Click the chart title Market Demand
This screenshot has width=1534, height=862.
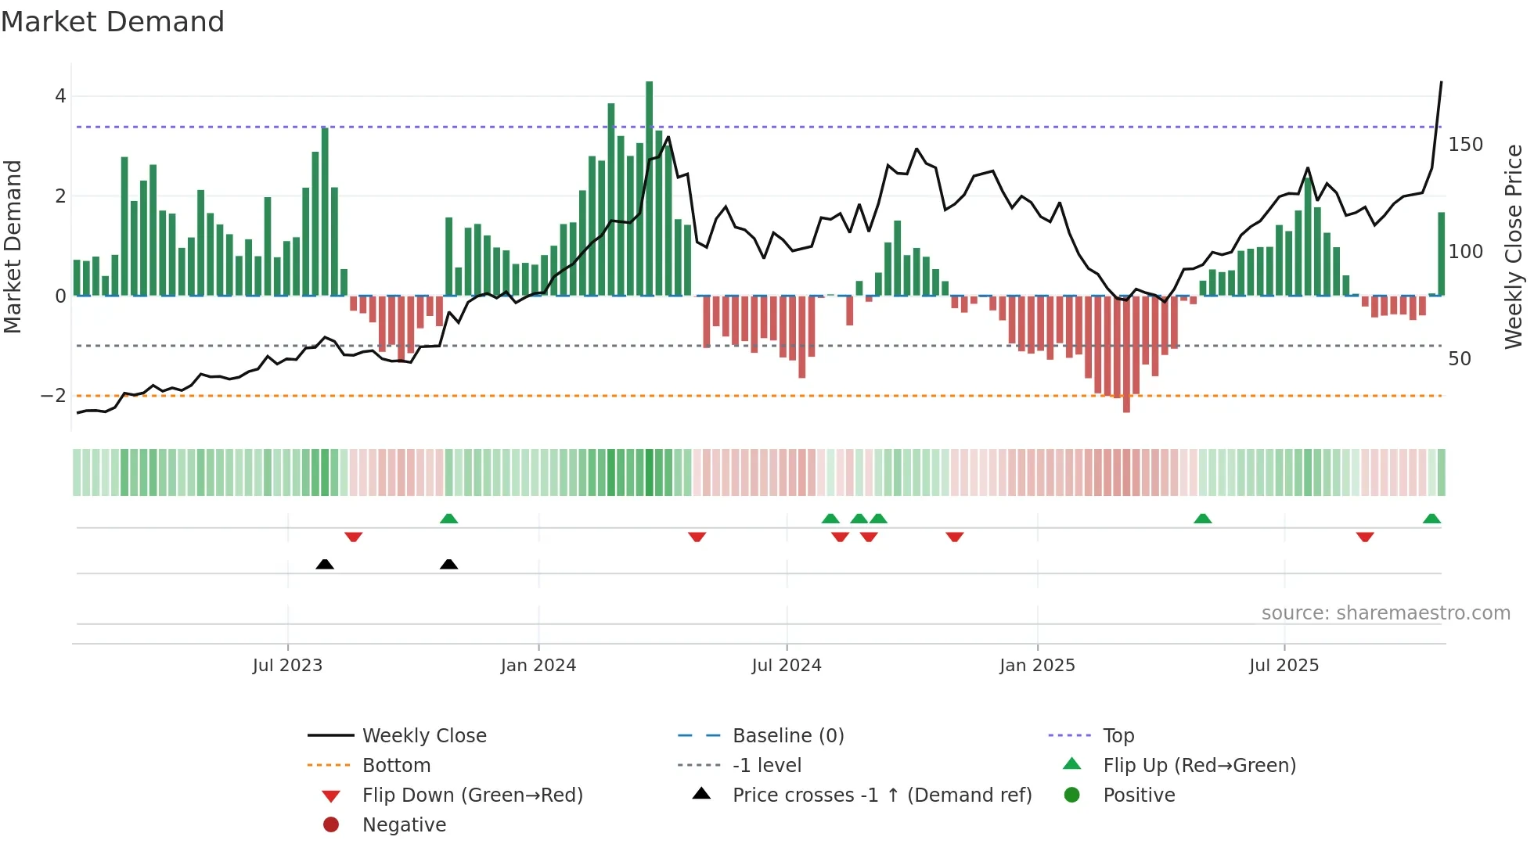(x=113, y=22)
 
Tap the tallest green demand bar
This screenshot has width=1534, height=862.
(x=649, y=188)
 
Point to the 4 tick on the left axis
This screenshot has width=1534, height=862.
(x=60, y=96)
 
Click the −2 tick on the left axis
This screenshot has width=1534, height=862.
(x=53, y=396)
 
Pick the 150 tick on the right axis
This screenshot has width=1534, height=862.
(x=1465, y=145)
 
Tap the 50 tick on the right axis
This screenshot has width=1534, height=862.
(x=1460, y=359)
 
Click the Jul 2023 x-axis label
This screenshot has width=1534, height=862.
(x=287, y=666)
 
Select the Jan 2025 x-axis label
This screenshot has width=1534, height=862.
(x=1037, y=666)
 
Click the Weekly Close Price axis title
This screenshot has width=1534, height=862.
(x=1514, y=246)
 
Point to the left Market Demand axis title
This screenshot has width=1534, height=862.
(x=13, y=246)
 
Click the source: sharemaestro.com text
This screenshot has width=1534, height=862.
(x=1385, y=613)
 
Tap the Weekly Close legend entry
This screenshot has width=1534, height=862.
(x=423, y=736)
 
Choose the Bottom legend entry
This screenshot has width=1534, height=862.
(x=396, y=766)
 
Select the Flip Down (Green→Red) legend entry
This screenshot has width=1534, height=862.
(x=472, y=796)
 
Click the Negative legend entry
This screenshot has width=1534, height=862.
(x=404, y=825)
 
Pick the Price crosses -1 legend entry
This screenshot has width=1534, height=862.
(x=881, y=796)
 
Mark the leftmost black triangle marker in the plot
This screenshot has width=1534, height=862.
(x=325, y=564)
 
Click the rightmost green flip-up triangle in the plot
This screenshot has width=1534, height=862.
(x=1431, y=519)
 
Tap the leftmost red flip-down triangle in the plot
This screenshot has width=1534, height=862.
(x=353, y=537)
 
